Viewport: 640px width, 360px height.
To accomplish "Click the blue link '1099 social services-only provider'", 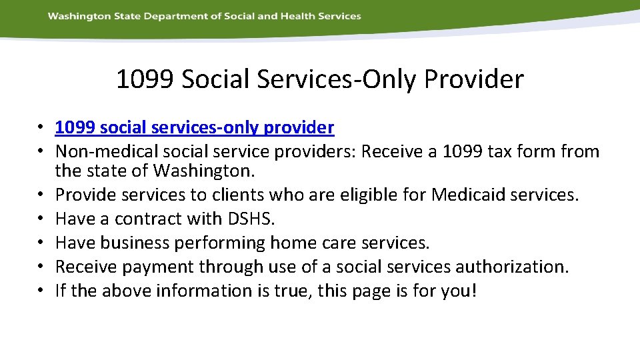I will pos(194,127).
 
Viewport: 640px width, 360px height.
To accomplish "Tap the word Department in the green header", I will pos(177,16).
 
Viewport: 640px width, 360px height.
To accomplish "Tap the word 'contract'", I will pos(142,219).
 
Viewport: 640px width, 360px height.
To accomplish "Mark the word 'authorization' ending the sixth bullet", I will pos(511,267).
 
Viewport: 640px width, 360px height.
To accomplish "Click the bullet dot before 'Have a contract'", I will pos(41,219).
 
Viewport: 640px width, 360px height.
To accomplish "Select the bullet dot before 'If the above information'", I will pos(41,291).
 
